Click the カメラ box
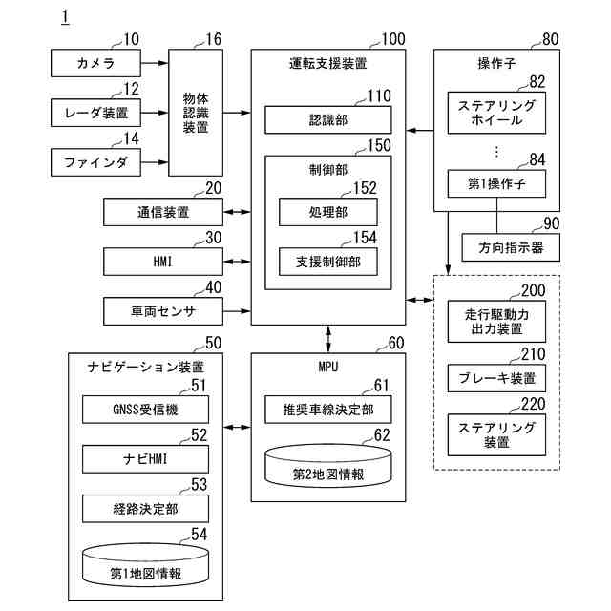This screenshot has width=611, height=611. [x=95, y=64]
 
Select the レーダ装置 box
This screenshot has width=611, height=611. [x=95, y=114]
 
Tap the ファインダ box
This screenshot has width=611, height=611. [x=95, y=163]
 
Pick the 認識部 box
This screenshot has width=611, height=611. [x=327, y=119]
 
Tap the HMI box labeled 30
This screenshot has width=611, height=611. [x=162, y=260]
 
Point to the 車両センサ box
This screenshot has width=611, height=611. [x=162, y=309]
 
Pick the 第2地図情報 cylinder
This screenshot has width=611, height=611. [x=327, y=467]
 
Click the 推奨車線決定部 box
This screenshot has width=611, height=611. [x=327, y=410]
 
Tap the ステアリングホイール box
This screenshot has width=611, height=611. [x=496, y=113]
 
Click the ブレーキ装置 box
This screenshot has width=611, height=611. [x=496, y=378]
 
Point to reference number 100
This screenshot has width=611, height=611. [x=392, y=39]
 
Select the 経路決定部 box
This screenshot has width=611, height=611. [x=145, y=509]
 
